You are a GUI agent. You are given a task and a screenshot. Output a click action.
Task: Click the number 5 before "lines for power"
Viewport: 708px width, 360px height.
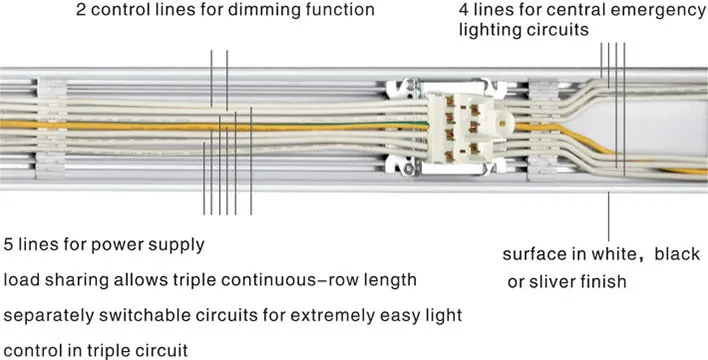click(x=9, y=244)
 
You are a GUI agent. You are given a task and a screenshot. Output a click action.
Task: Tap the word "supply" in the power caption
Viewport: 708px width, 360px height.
click(x=179, y=244)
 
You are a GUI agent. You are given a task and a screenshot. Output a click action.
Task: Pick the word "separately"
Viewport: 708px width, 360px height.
click(x=46, y=315)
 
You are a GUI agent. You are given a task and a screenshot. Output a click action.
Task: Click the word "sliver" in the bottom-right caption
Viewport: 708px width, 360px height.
click(x=555, y=282)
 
